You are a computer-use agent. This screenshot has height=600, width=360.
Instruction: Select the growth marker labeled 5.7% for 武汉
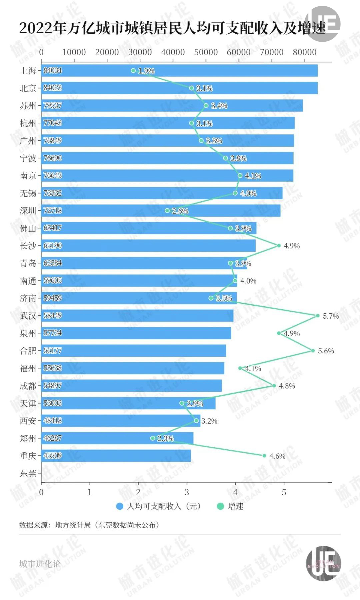click(317, 316)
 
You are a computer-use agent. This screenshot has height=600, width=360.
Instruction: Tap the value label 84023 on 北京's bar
click(53, 88)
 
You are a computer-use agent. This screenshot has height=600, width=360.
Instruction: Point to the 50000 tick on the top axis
click(206, 52)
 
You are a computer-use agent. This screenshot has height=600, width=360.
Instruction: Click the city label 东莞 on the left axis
click(28, 473)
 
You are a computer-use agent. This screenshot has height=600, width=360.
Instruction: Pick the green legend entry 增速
click(230, 506)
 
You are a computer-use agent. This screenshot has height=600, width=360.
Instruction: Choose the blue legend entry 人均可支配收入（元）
click(158, 506)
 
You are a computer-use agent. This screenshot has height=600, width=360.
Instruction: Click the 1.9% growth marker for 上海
click(133, 71)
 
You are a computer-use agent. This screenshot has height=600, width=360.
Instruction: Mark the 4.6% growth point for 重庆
click(264, 456)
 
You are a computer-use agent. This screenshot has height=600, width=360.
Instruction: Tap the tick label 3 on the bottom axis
click(187, 492)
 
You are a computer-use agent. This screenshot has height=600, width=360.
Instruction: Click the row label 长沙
click(28, 246)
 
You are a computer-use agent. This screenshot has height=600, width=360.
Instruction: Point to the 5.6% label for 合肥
click(326, 351)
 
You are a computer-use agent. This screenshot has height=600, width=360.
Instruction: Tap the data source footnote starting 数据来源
click(89, 525)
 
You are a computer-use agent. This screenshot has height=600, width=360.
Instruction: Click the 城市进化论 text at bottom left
click(40, 564)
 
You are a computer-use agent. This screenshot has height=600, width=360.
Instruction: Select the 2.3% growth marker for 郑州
click(153, 438)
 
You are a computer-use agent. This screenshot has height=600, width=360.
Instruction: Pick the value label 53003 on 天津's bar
click(53, 403)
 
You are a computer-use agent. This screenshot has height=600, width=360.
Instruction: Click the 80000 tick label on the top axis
click(304, 52)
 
